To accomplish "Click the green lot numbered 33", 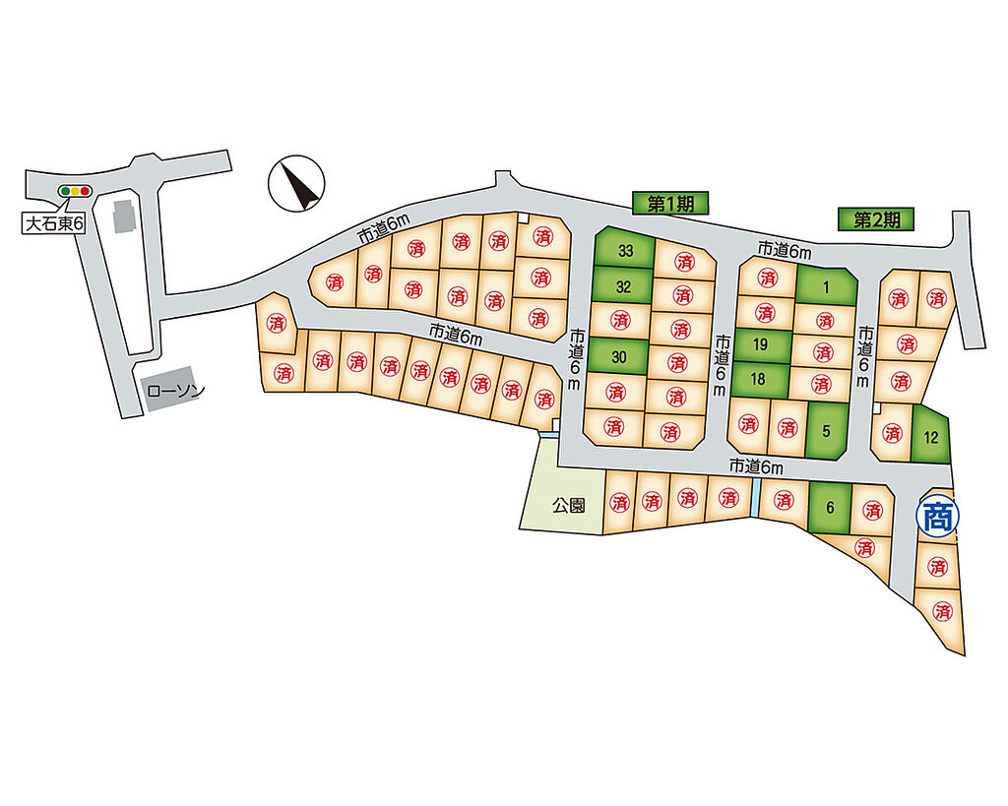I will point(625,251).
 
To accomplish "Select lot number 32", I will point(623,287).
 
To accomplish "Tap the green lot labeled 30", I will point(619,357).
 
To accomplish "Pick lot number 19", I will point(760,344).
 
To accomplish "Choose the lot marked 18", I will point(759,379).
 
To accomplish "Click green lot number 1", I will point(826,286).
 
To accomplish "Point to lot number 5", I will point(826,429).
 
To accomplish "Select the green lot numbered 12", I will point(930,434).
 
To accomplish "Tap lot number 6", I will point(830,508).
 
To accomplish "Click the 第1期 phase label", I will point(671,204).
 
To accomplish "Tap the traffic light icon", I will point(74,191).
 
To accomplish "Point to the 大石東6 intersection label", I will point(55,223).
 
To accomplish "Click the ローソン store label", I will point(174,391).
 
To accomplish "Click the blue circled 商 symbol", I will point(936,514).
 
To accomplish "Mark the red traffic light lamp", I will point(85,191).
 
